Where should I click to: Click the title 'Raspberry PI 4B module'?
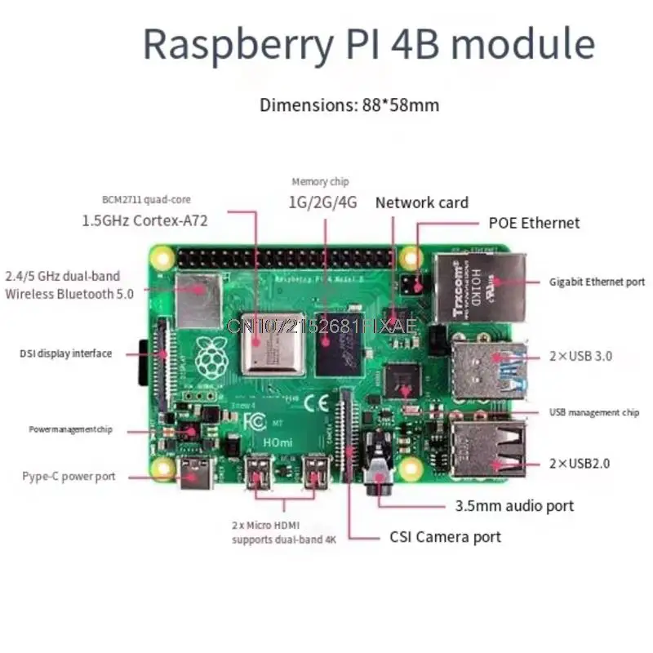click(x=368, y=44)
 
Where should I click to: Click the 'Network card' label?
click(x=421, y=202)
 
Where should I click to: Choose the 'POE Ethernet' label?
click(x=534, y=222)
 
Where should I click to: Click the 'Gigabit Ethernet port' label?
click(x=597, y=282)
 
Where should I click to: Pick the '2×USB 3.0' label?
click(x=580, y=356)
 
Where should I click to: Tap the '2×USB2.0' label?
click(x=580, y=463)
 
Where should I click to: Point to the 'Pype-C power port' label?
click(x=69, y=476)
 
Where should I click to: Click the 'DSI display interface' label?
click(x=66, y=353)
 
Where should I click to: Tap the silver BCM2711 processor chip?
click(x=272, y=341)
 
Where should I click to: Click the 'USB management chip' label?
click(x=593, y=413)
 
